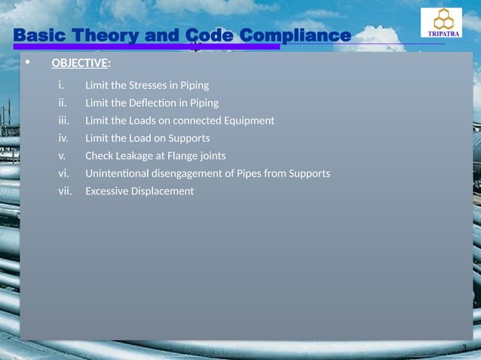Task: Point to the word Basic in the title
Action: [x=41, y=35]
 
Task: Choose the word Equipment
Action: [x=245, y=121]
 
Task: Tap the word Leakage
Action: [x=141, y=156]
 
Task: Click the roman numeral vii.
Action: [x=65, y=191]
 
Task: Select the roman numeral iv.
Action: [x=64, y=138]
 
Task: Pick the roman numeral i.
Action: [x=61, y=85]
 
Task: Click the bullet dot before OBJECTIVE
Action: [x=28, y=63]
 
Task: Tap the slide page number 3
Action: [x=464, y=347]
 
